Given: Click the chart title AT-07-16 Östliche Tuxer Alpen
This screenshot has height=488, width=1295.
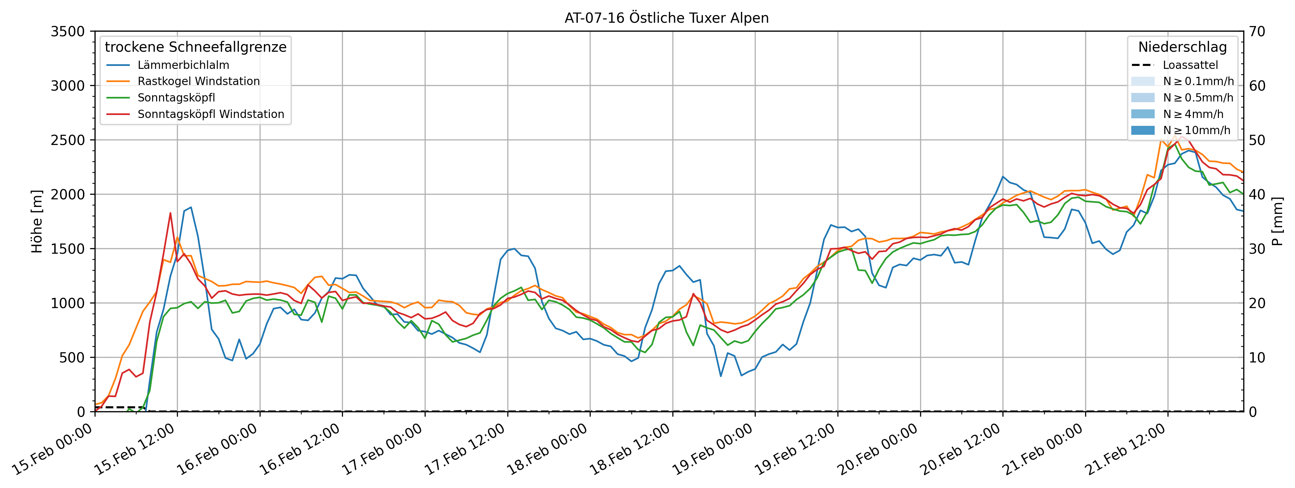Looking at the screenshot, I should [x=666, y=18].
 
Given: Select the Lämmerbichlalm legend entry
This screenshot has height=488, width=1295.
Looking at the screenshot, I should [x=183, y=65].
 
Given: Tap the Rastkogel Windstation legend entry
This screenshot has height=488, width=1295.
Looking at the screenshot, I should [x=199, y=81].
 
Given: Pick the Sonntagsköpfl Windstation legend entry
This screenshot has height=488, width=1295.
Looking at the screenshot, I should [x=211, y=114].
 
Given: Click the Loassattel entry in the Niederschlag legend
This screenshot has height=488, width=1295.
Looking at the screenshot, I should [x=1190, y=65].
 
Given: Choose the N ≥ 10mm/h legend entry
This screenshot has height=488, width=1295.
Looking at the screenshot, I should [x=1196, y=130].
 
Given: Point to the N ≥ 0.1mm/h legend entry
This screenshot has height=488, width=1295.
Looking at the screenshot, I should [x=1198, y=81].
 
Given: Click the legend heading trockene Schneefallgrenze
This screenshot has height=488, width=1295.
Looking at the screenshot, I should [x=196, y=47].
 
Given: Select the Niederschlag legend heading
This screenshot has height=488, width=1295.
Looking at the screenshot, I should [x=1182, y=47].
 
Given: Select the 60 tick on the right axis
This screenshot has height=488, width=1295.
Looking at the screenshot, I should [x=1257, y=86].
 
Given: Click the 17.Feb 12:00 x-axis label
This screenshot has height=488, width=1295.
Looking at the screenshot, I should [x=465, y=450].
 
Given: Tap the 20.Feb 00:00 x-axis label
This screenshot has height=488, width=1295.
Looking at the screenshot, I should [x=878, y=450].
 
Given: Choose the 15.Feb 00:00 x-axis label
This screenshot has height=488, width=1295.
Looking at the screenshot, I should [x=53, y=450].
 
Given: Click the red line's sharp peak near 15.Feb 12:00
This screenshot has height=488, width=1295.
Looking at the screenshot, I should [x=170, y=213].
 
